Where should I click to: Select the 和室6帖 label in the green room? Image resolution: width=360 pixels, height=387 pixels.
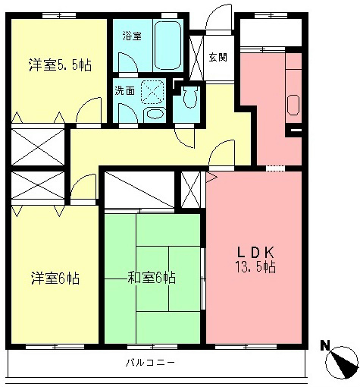point(152,278)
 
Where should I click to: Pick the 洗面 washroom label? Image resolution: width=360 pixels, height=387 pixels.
point(125,89)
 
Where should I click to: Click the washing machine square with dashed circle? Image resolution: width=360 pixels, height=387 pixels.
point(152,93)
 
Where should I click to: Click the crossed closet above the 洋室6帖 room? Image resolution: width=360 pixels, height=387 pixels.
point(38,185)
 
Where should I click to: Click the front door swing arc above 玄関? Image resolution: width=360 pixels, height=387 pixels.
point(221,20)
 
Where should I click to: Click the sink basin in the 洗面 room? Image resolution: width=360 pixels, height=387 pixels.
point(154,115)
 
